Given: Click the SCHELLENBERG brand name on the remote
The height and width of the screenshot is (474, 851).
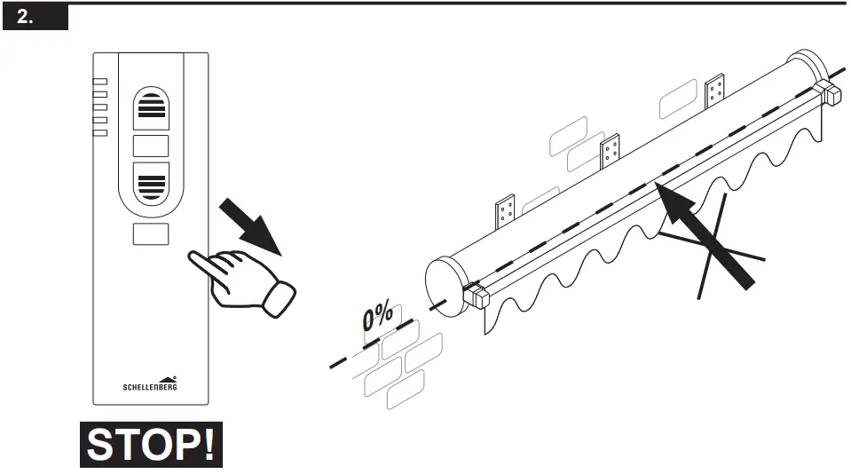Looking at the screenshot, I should click(150, 386).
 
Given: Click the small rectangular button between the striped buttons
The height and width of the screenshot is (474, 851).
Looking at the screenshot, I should click(150, 146).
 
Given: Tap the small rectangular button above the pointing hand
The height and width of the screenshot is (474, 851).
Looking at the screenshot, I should click(150, 234).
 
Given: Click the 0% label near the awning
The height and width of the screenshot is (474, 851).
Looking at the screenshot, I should click(378, 319).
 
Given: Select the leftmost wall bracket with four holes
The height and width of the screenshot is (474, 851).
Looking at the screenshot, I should click(507, 211).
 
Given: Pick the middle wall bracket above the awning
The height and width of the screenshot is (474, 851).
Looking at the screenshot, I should click(609, 152).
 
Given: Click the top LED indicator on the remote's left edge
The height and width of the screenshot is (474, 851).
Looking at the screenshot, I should click(99, 81).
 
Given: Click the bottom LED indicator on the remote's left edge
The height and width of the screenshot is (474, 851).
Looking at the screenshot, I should click(99, 133).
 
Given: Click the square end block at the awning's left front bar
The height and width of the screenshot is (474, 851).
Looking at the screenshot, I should click(477, 295).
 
